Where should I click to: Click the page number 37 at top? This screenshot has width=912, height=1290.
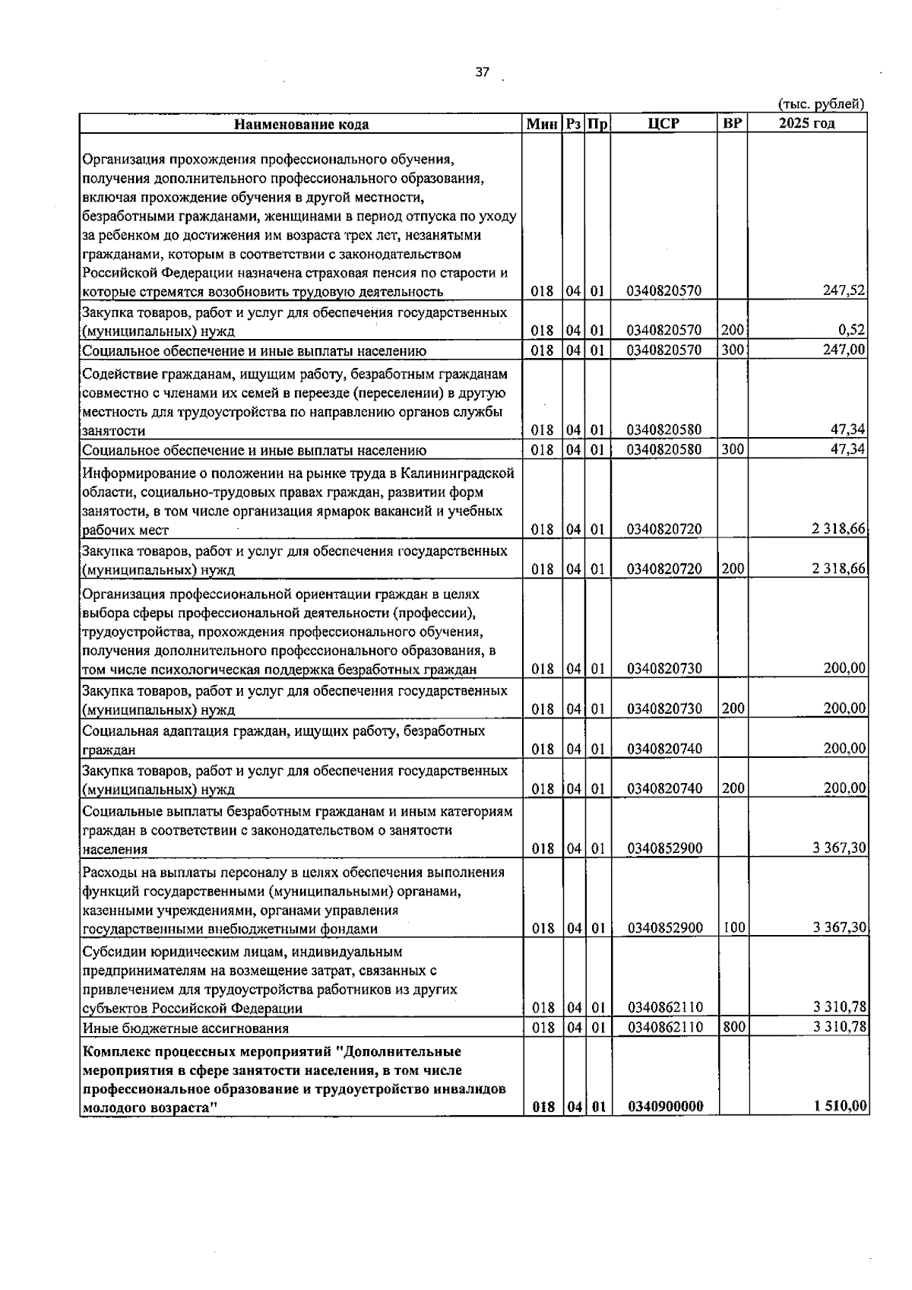[x=482, y=72]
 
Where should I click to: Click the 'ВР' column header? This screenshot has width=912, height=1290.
[x=733, y=123]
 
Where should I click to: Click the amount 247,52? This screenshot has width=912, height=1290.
[x=845, y=291]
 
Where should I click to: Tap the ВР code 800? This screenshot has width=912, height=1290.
[x=733, y=1027]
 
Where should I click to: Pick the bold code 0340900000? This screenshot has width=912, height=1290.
[x=665, y=1107]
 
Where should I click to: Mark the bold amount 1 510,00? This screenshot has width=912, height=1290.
[x=841, y=1106]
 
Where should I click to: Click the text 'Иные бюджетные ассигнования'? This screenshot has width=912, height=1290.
[x=185, y=1029]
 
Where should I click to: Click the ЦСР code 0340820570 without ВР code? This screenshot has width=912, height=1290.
[x=665, y=291]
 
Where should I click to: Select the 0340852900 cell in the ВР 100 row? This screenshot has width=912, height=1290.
[x=665, y=928]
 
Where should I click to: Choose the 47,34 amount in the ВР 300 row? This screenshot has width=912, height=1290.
[x=848, y=449]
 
